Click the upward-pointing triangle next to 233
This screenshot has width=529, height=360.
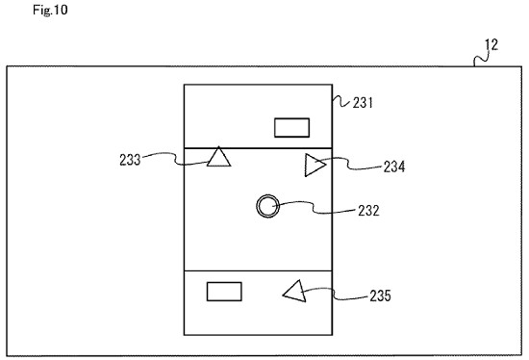(x=219, y=157)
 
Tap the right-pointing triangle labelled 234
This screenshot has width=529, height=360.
(x=314, y=166)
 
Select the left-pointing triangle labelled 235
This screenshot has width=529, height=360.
(x=294, y=291)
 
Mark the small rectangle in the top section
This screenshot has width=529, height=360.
(x=291, y=126)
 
